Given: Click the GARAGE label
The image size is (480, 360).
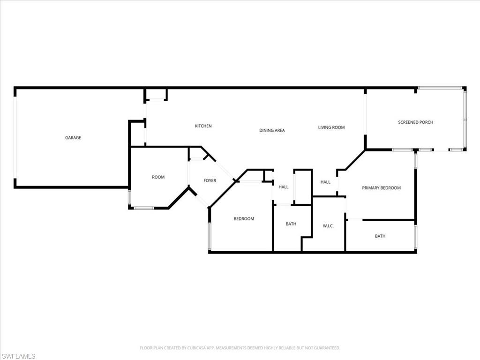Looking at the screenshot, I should pyautogui.click(x=73, y=138).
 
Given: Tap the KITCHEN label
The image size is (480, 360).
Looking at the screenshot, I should pyautogui.click(x=203, y=126).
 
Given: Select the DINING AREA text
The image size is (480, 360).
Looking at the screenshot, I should pyautogui.click(x=272, y=130).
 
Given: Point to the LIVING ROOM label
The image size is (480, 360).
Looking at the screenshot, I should pyautogui.click(x=331, y=127).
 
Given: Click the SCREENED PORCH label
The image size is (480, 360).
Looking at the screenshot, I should pyautogui.click(x=415, y=122).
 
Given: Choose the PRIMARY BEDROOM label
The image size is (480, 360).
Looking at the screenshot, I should pyautogui.click(x=381, y=188).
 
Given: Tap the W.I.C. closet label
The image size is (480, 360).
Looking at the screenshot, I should pyautogui.click(x=328, y=226).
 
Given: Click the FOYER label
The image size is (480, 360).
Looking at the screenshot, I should pyautogui.click(x=210, y=180).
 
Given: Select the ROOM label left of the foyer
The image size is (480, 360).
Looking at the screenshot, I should pyautogui.click(x=158, y=177).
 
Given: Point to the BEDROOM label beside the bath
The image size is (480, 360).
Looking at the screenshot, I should pyautogui.click(x=244, y=219).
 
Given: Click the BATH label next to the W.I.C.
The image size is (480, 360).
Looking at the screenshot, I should pyautogui.click(x=291, y=224).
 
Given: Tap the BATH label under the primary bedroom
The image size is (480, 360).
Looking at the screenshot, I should pyautogui.click(x=380, y=236).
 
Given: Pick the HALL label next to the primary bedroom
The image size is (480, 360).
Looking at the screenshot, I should pyautogui.click(x=325, y=182).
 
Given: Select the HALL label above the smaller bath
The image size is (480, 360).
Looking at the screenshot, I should pyautogui.click(x=284, y=187).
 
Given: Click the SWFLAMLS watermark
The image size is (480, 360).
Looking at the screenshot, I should pyautogui.click(x=18, y=357).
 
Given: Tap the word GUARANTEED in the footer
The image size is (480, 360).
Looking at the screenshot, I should pyautogui.click(x=326, y=348).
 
